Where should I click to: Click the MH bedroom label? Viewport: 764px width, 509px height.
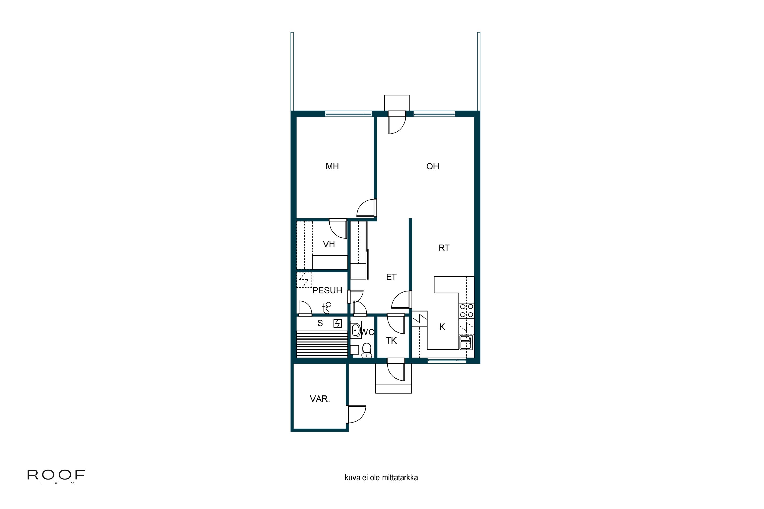click(x=332, y=166)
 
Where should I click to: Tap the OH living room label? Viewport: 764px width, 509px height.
click(x=432, y=166)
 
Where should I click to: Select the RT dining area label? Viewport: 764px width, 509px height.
click(x=444, y=248)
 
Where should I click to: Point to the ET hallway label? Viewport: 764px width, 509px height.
click(x=391, y=277)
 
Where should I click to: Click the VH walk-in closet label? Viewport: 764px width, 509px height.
click(x=329, y=244)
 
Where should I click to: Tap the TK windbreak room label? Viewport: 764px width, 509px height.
click(x=391, y=341)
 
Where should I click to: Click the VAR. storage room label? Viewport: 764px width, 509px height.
click(x=320, y=399)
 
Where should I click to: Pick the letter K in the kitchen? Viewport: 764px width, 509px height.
click(x=442, y=327)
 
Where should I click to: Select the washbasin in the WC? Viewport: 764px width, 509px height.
click(x=356, y=330)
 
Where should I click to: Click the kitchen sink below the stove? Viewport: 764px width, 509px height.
click(x=466, y=343)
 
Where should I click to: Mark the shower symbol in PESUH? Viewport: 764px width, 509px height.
click(x=326, y=308)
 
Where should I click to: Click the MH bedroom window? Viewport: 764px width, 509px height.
click(x=349, y=114)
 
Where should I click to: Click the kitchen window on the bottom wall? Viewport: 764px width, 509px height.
click(x=446, y=360)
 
